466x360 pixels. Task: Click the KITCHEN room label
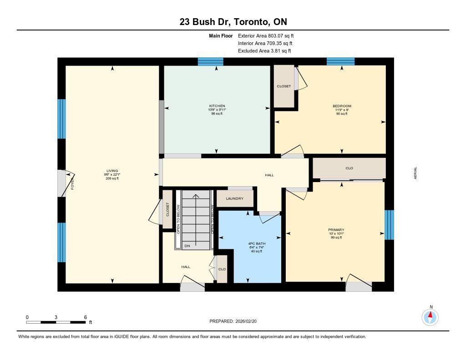point(217,106)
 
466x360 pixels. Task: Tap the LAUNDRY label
point(234,198)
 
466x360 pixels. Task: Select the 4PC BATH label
point(257,243)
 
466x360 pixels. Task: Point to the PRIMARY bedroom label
point(336,230)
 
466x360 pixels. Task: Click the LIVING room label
point(112,171)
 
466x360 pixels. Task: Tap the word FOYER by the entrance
point(72,184)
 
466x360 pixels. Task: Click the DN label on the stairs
point(187,246)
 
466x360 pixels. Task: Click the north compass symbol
point(430,318)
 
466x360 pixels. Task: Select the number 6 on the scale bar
point(85,317)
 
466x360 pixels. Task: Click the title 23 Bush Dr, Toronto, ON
point(233,22)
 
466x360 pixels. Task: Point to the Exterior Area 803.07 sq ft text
point(266,35)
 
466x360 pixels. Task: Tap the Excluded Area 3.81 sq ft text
point(264,51)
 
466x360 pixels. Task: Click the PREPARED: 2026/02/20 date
point(233,321)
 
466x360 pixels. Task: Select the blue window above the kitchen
point(210,61)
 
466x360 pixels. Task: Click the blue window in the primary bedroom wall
point(390,225)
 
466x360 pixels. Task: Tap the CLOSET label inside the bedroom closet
point(284,86)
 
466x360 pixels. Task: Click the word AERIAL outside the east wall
point(415,173)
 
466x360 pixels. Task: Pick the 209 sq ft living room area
point(112,178)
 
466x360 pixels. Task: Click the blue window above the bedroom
point(340,61)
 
